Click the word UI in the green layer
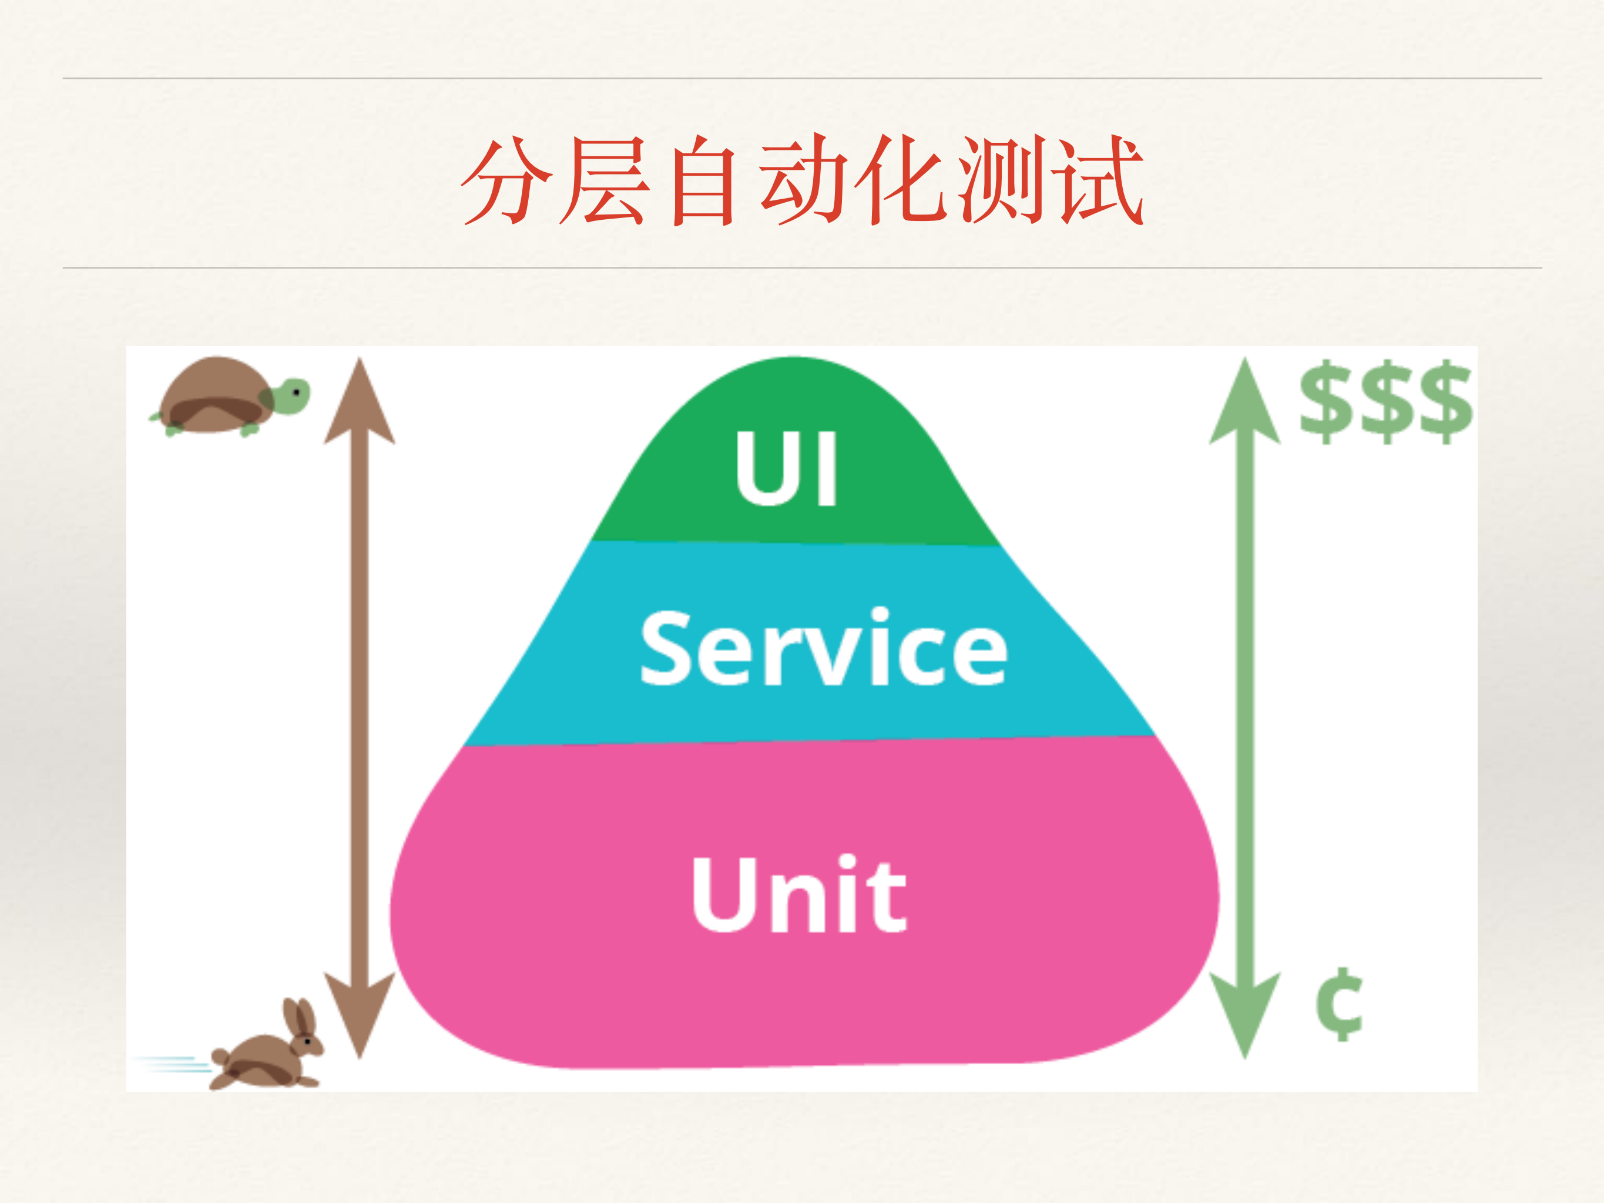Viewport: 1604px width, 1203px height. pyautogui.click(x=786, y=469)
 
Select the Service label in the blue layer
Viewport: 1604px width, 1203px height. pyautogui.click(x=823, y=648)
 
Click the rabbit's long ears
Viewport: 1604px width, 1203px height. pyautogui.click(x=298, y=1017)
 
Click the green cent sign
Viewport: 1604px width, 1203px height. pyautogui.click(x=1340, y=1004)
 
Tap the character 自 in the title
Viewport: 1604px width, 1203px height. pyautogui.click(x=702, y=181)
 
